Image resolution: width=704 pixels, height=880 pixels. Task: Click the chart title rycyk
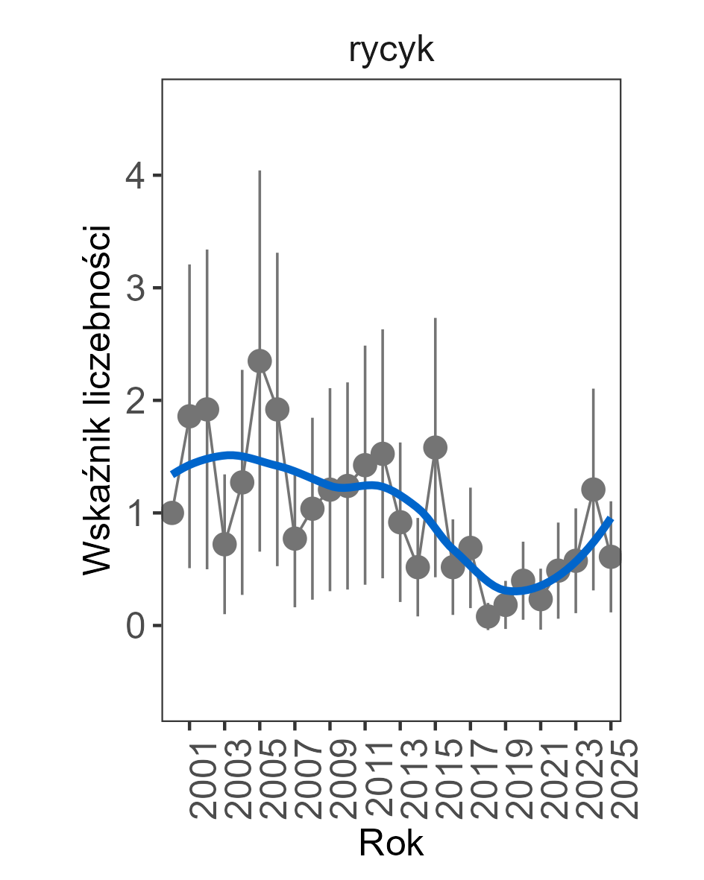[391, 51]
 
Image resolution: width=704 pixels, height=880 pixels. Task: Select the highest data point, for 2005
[260, 361]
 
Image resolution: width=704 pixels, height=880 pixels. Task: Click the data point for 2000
[172, 513]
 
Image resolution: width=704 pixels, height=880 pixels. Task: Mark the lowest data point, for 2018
[488, 616]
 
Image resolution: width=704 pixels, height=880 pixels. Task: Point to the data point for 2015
[436, 448]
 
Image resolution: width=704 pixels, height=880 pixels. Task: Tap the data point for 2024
[594, 490]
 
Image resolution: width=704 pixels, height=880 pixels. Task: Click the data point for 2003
[224, 545]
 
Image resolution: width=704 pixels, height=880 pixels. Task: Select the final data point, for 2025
[611, 557]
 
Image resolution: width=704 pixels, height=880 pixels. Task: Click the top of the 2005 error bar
[260, 171]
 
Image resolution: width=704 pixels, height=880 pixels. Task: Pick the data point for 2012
[383, 453]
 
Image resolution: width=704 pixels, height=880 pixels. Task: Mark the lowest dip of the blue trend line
[515, 591]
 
